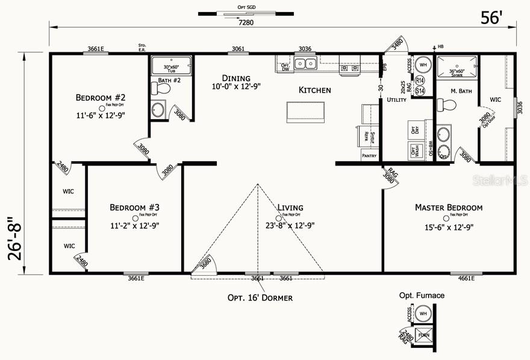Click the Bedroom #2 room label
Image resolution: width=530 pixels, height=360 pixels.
pos(100,97)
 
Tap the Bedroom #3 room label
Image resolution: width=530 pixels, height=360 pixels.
pos(134,207)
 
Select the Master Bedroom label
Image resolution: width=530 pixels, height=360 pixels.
pos(448,207)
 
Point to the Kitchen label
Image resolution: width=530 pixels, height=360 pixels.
pos(315,90)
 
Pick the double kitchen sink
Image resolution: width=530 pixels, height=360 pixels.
pos(306,63)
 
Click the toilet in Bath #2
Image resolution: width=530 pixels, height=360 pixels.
pos(162,89)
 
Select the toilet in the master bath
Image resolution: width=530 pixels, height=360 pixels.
pos(447,105)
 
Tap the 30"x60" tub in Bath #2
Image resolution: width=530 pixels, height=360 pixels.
pos(171,65)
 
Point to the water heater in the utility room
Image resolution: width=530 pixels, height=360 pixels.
pos(423,64)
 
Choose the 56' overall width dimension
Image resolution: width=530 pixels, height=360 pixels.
pos(491,18)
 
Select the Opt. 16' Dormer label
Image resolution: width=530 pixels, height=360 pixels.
pos(260,297)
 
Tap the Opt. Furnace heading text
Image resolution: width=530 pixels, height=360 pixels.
pos(422,296)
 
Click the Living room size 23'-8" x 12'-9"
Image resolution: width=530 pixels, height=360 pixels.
pos(290,226)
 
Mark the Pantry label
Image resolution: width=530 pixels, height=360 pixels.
pos(369,156)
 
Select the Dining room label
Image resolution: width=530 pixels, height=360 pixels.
pos(236,78)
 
